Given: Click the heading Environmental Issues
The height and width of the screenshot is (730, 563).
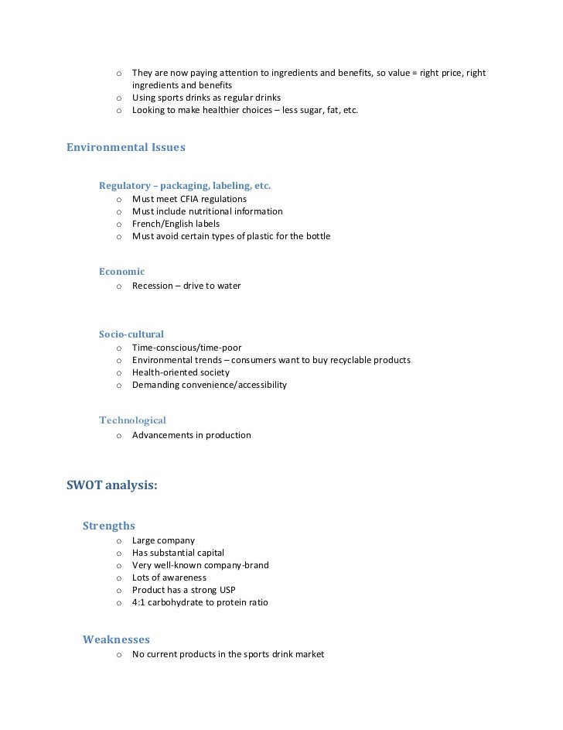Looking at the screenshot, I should [126, 146].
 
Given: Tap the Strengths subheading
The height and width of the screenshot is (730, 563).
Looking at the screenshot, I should [109, 526].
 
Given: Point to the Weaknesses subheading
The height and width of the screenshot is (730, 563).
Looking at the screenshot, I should [116, 639].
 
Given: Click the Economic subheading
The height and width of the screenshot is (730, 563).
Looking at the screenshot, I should [121, 272].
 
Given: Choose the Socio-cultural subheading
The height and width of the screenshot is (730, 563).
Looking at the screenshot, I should [131, 334].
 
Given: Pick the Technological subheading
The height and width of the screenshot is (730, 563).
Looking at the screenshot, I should [132, 420].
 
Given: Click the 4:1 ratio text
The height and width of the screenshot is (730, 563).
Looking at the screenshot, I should [139, 602].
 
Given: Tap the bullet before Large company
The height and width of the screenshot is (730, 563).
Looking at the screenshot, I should [119, 540].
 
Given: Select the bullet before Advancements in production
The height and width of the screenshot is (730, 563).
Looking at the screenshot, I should [119, 436].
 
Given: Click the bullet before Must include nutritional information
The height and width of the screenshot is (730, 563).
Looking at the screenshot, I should [119, 211].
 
